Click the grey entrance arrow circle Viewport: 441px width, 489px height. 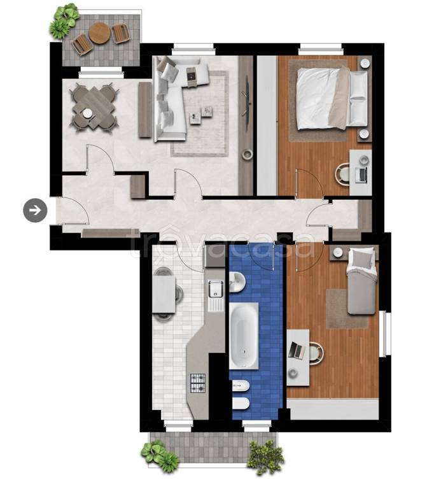tap(35, 211)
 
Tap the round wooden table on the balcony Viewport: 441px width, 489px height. tap(99, 33)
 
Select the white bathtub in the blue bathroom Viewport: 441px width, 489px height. tap(244, 336)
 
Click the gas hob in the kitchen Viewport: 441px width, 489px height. tap(198, 383)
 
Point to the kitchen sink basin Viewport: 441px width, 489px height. tap(216, 288)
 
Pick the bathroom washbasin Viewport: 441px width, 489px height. tap(237, 281)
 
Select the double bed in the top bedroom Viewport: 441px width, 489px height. tap(332, 99)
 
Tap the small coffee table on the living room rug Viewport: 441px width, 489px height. tap(202, 115)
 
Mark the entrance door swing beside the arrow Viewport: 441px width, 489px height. tap(75, 211)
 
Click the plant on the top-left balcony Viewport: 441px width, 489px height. tap(64, 20)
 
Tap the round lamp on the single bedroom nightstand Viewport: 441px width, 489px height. tap(337, 253)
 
